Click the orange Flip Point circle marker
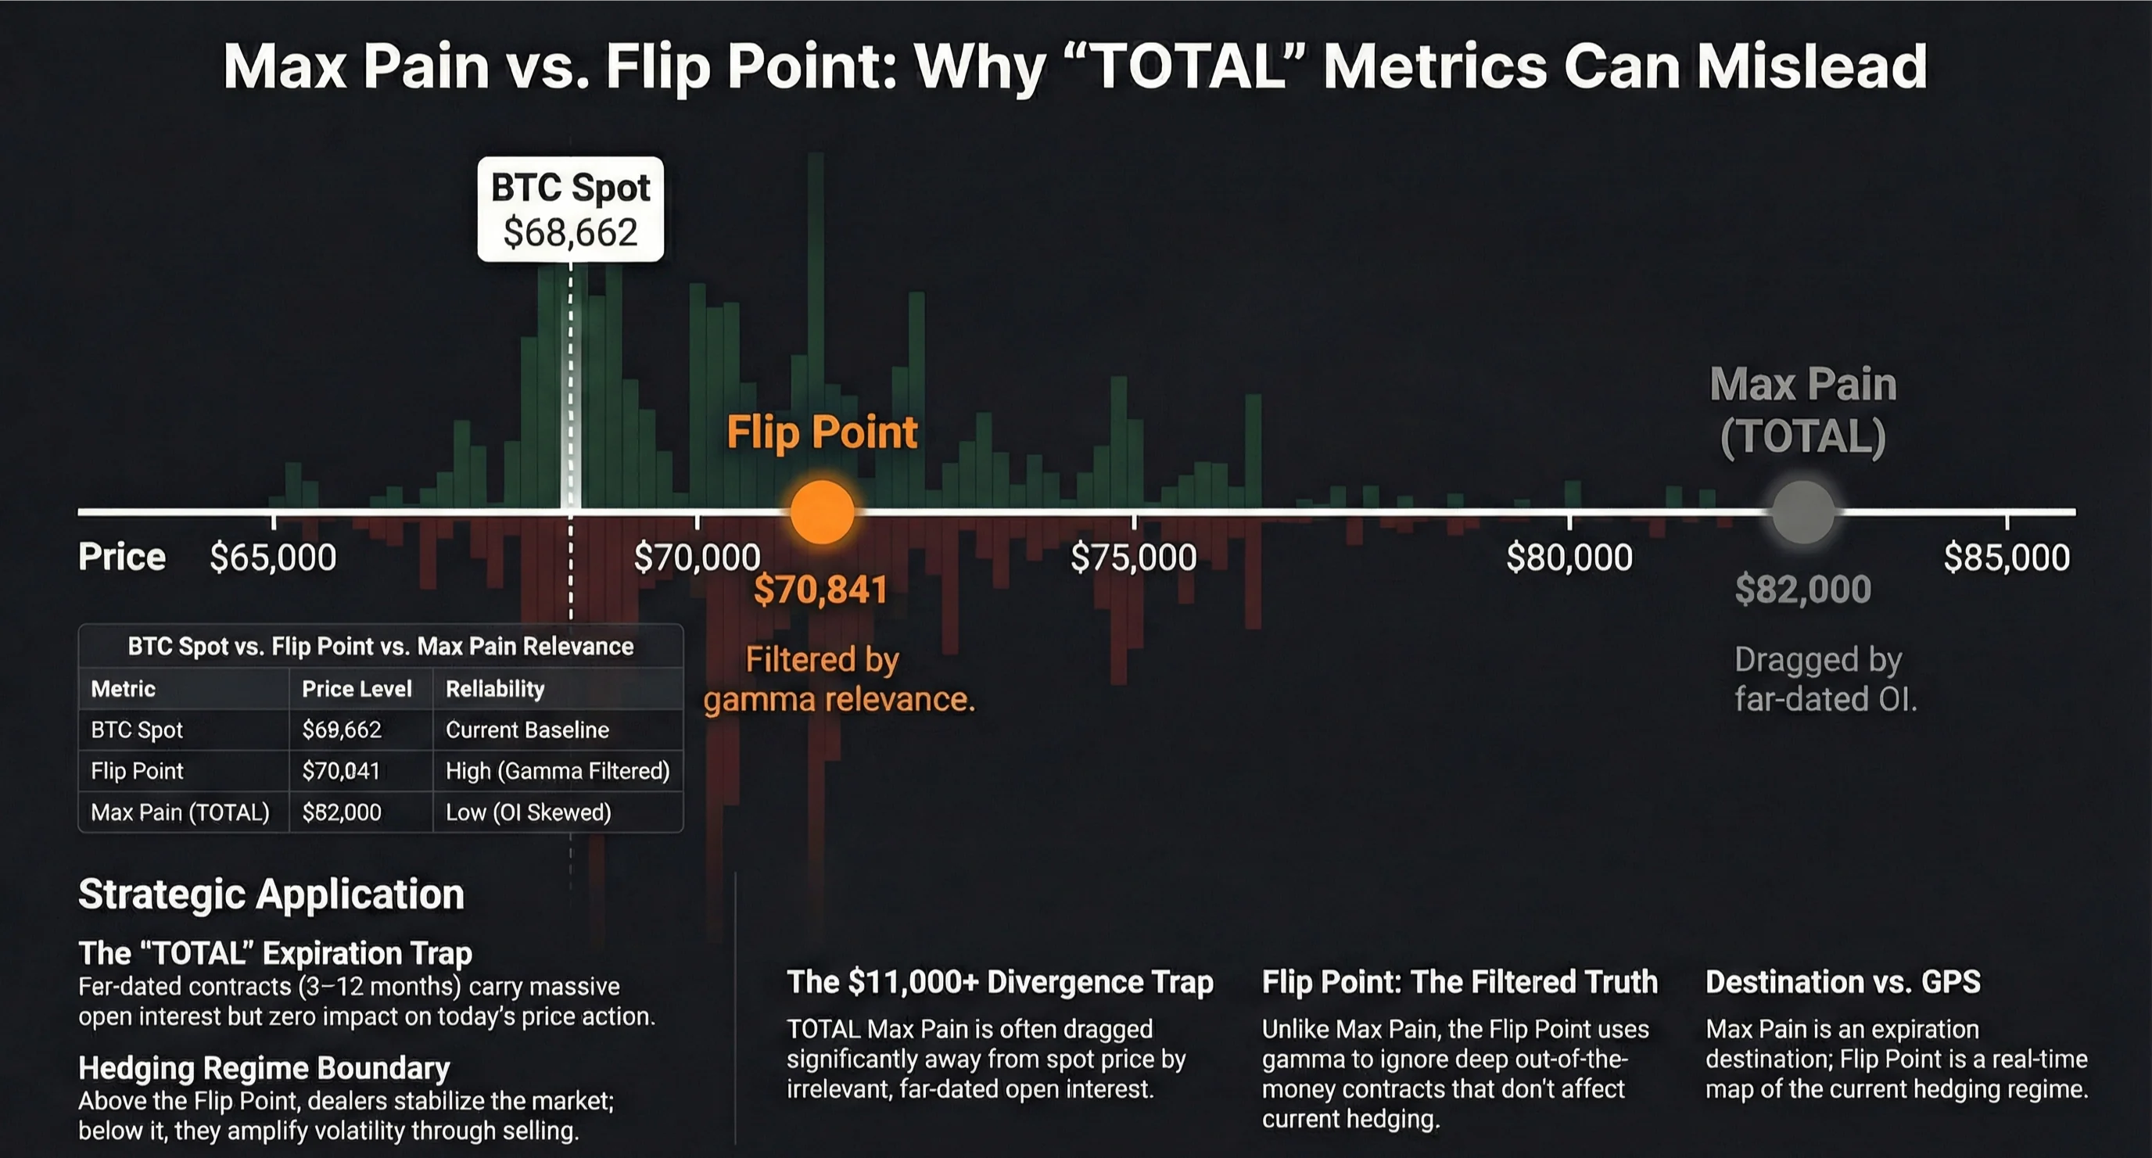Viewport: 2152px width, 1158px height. (x=822, y=512)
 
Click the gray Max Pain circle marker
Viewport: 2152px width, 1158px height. (x=1802, y=512)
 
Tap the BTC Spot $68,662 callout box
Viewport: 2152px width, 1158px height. (x=571, y=210)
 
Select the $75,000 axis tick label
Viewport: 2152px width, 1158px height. (x=1134, y=557)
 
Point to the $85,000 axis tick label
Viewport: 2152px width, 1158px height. (x=2007, y=557)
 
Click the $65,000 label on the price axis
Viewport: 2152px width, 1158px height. (x=273, y=557)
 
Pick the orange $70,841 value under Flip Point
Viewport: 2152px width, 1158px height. (x=820, y=590)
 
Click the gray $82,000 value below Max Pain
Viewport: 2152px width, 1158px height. (x=1802, y=590)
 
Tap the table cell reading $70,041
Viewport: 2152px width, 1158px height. (x=341, y=770)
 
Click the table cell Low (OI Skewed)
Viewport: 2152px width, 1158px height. (x=528, y=812)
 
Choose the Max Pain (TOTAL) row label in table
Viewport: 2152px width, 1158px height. (x=180, y=812)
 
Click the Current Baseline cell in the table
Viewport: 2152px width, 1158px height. (x=527, y=730)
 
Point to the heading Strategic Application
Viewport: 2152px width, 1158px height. (x=271, y=894)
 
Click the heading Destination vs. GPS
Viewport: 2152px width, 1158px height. (x=1842, y=982)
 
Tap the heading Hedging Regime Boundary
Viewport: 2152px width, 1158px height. (x=264, y=1068)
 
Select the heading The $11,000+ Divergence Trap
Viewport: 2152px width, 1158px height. (x=999, y=982)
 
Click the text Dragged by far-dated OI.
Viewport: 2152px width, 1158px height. (x=1824, y=679)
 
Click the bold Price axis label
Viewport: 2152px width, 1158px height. (x=122, y=557)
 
